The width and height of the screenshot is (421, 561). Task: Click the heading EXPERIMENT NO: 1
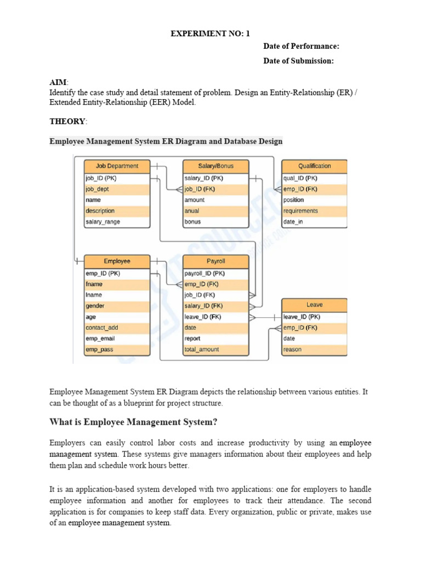click(x=210, y=33)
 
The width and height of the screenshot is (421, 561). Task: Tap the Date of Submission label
click(x=298, y=61)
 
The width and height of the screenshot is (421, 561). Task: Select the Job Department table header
click(x=117, y=166)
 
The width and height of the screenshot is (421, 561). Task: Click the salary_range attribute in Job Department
click(x=103, y=222)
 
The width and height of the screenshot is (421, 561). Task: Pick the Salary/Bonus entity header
click(x=215, y=166)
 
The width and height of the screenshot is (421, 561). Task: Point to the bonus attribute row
click(x=193, y=222)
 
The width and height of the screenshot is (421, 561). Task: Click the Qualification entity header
click(x=314, y=166)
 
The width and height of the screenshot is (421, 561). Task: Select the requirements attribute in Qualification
click(x=300, y=211)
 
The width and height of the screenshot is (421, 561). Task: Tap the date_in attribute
click(x=293, y=222)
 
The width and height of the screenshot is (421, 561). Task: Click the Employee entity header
click(x=117, y=261)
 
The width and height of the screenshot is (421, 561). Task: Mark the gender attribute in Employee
click(x=95, y=306)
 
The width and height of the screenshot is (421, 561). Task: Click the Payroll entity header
click(x=215, y=261)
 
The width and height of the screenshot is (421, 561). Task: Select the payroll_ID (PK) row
click(x=204, y=273)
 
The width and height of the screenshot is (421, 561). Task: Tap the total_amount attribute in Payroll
click(x=202, y=350)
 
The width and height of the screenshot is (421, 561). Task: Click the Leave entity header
click(x=314, y=305)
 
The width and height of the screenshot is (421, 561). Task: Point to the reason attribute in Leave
click(x=292, y=350)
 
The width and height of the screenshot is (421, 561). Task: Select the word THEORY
click(x=67, y=122)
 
